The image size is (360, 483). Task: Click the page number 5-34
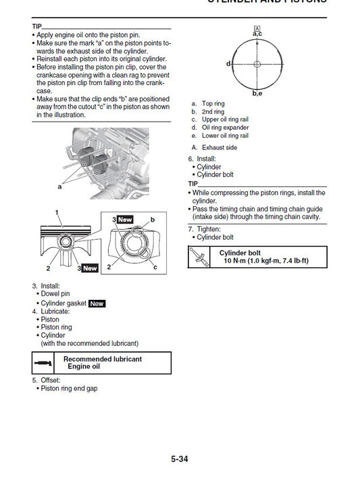179,459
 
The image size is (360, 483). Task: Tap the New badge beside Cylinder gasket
97,303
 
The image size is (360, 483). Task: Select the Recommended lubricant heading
103,359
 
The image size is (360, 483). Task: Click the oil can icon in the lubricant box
43,363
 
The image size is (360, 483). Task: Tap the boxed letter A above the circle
257,27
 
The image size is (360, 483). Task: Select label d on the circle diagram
228,63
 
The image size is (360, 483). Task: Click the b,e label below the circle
257,93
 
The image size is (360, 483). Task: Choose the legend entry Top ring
214,103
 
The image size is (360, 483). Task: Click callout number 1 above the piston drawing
57,212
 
